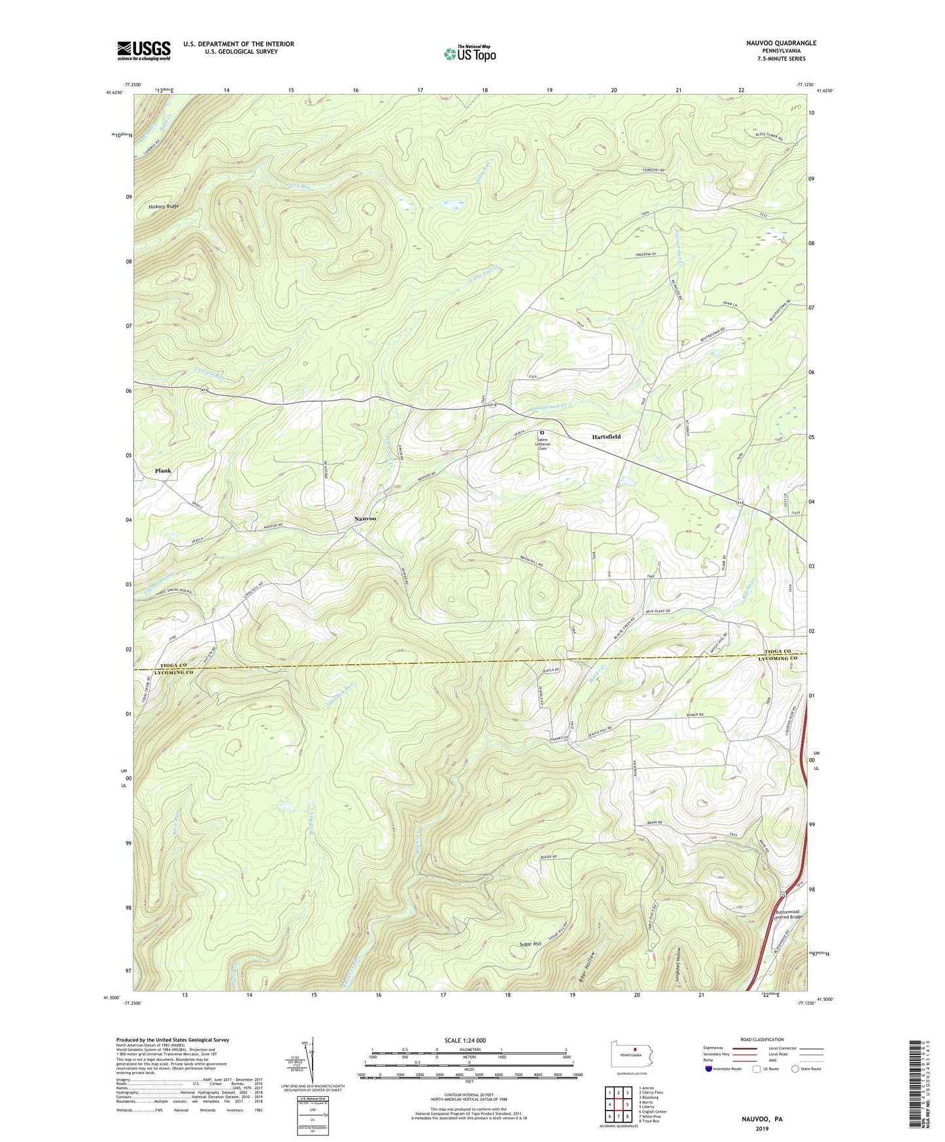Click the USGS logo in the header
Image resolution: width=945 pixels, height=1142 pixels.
(x=143, y=50)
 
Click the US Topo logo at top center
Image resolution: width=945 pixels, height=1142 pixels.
(x=470, y=53)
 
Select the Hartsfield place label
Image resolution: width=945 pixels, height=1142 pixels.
(x=606, y=436)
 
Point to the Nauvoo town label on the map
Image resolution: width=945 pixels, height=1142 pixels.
(x=365, y=519)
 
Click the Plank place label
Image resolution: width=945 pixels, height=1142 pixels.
(x=163, y=471)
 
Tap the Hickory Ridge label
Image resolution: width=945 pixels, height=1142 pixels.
(x=163, y=207)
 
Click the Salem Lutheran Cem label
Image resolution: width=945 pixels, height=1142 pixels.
(x=542, y=444)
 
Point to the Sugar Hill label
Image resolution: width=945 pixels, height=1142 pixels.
(x=531, y=944)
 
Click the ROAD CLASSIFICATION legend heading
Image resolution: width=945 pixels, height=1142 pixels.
(x=763, y=1039)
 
